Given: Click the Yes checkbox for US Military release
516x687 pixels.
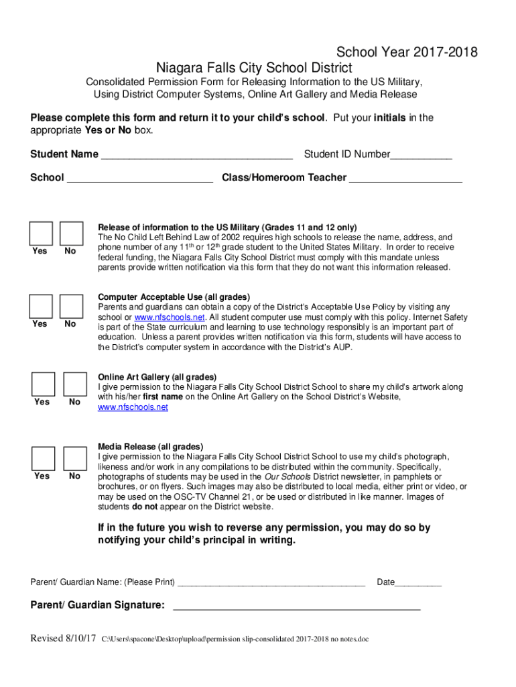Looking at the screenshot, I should [41, 233].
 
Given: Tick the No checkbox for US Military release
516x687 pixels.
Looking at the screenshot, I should [71, 233].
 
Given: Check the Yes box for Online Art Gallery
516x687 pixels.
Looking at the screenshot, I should [43, 383].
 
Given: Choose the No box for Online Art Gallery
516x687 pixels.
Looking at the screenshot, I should [74, 383].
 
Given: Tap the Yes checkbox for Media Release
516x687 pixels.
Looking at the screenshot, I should [43, 458].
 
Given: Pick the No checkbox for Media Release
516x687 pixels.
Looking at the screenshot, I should [74, 458].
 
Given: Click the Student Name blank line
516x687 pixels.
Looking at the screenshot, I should [196, 156].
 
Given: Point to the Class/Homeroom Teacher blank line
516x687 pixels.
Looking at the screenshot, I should [405, 180].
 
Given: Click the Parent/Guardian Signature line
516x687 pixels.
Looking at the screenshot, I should [296, 607].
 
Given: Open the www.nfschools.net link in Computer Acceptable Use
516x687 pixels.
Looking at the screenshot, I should [170, 317].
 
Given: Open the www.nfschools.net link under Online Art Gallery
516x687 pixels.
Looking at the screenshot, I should [133, 407].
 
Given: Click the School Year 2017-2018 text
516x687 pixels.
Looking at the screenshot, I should [407, 52].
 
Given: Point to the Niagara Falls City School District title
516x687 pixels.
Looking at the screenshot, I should [254, 68].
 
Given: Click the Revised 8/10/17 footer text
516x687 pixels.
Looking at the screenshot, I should [64, 638].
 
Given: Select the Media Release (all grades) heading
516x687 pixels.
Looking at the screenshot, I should [150, 447].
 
